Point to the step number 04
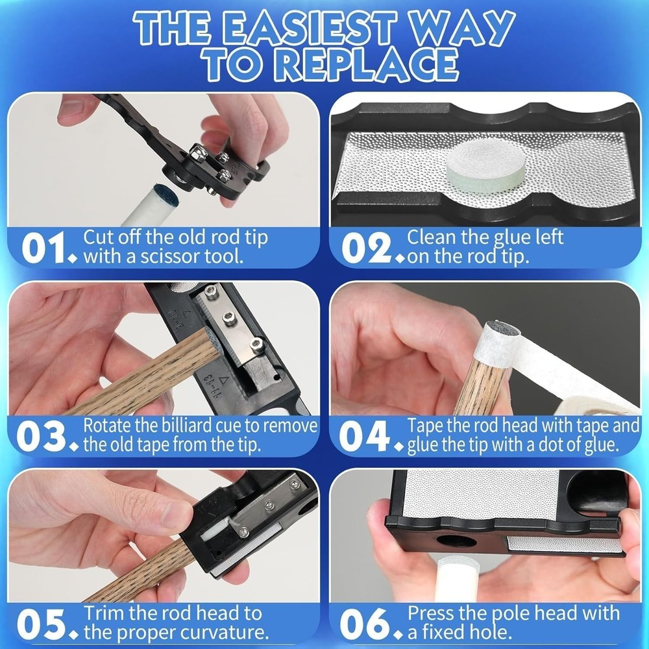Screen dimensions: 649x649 [x=365, y=435]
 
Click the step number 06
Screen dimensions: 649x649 [x=365, y=624]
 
